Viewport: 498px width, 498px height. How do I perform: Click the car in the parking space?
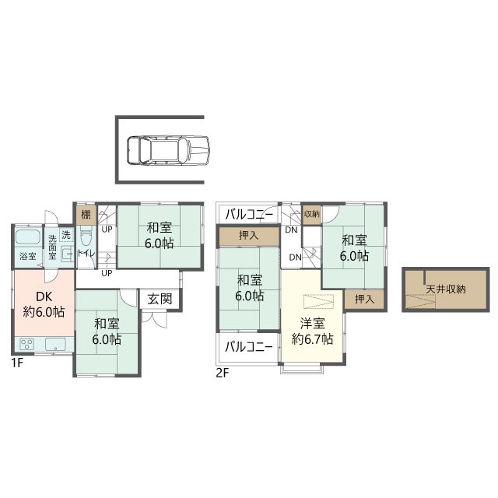[x=168, y=150]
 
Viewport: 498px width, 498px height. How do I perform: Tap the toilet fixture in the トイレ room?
[x=86, y=235]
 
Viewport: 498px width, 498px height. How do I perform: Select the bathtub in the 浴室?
[x=28, y=237]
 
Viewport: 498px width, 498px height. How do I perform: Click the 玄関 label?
[x=160, y=299]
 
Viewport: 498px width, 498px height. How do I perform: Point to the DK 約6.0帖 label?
[x=44, y=304]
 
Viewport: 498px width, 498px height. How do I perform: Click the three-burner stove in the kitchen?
[x=26, y=344]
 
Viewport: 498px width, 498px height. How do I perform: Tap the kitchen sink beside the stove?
[x=55, y=344]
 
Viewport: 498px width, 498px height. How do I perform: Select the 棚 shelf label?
[x=86, y=215]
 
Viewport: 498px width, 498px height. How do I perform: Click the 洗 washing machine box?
[x=66, y=235]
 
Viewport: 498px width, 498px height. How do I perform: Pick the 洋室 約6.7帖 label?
[x=312, y=331]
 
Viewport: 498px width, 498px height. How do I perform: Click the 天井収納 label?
[x=446, y=289]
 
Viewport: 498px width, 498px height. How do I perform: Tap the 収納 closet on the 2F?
[x=311, y=214]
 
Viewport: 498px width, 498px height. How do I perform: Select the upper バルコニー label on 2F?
[x=249, y=215]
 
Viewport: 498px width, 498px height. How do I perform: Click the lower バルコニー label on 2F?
[x=249, y=347]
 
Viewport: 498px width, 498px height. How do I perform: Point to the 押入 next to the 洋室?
[x=364, y=299]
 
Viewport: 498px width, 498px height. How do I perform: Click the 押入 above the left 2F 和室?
[x=249, y=236]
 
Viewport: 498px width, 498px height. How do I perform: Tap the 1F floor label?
[x=17, y=363]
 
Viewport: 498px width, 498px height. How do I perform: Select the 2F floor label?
[x=223, y=373]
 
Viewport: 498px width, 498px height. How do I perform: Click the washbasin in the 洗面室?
[x=68, y=253]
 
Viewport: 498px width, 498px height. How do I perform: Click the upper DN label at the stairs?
[x=291, y=230]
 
